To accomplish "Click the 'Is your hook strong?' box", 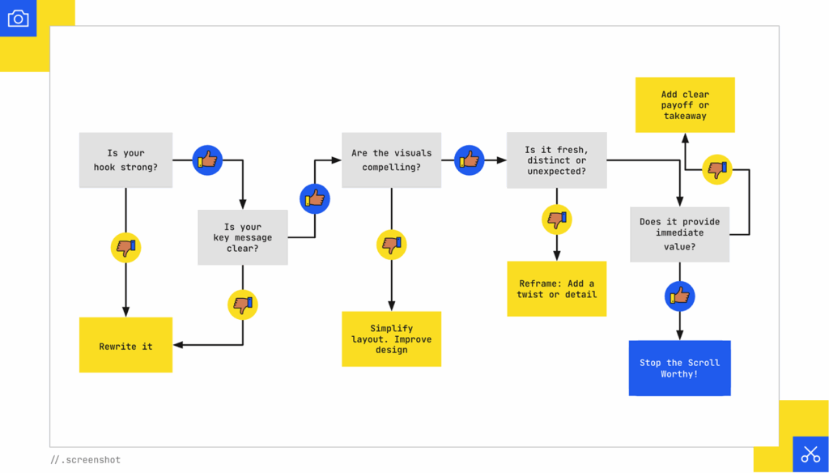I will (x=125, y=160).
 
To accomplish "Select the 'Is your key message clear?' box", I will (x=243, y=237).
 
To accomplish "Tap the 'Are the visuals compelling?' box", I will (x=392, y=160).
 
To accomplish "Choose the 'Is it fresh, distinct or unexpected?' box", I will (x=556, y=160).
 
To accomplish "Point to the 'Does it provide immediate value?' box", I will (x=679, y=233).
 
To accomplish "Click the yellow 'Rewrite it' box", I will (x=125, y=345).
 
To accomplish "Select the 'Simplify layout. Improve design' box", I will (x=392, y=339).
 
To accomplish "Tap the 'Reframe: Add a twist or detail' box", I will (x=556, y=288).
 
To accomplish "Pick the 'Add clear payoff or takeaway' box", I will (x=685, y=105).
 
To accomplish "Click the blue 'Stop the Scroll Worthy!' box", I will (x=679, y=368).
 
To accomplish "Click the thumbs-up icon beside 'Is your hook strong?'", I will (x=207, y=160).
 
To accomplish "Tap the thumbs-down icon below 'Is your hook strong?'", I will (x=125, y=248).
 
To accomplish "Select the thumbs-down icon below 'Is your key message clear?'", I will (x=243, y=305).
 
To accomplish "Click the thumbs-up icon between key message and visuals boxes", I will (x=315, y=198).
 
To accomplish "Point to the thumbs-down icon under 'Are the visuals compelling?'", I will (x=392, y=244).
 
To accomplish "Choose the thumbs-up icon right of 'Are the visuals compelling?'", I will (x=470, y=160).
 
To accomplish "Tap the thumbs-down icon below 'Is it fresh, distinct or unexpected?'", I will (x=556, y=219).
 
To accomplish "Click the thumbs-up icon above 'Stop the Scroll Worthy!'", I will (x=679, y=296).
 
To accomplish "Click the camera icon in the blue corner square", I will (x=18, y=18).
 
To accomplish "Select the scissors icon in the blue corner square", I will (x=810, y=454).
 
